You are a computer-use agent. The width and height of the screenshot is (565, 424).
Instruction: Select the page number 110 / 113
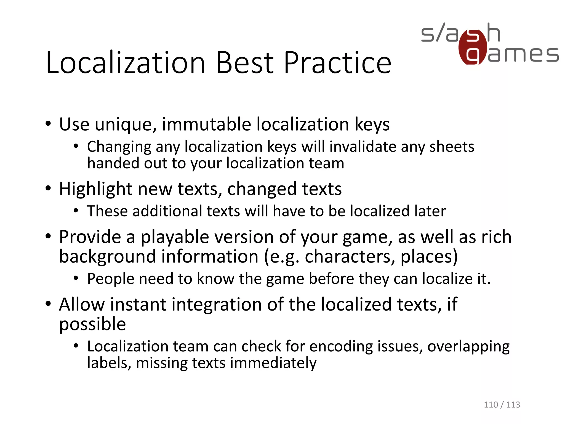502,405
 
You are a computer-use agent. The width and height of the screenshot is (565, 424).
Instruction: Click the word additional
167,211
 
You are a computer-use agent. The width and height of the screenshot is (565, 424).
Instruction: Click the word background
108,257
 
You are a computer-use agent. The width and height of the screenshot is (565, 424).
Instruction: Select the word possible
92,324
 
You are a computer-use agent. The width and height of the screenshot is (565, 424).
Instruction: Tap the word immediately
273,363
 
